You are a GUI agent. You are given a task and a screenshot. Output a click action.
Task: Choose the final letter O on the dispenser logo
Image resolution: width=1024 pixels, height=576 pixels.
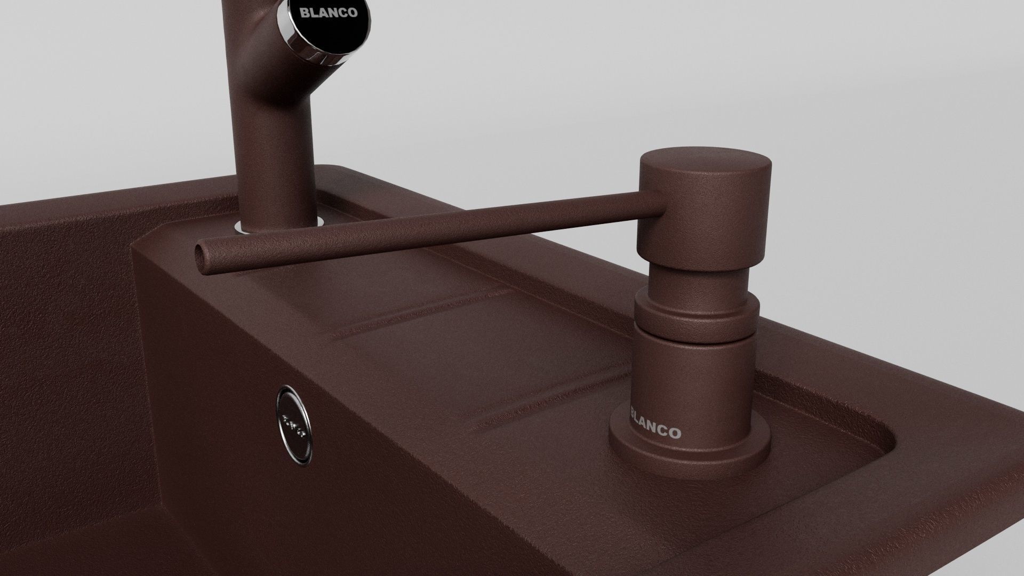coord(676,434)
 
